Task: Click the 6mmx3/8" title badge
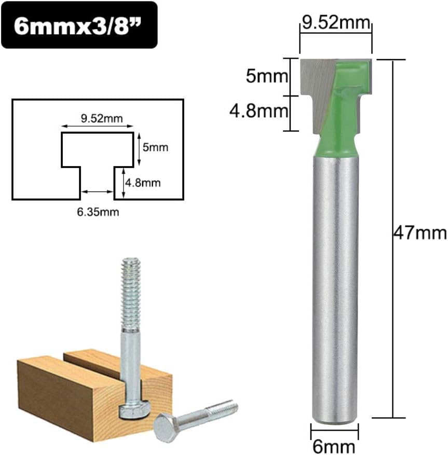coord(79,25)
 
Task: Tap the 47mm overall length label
coord(420,233)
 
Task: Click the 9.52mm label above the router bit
coord(336,22)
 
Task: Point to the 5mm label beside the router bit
coord(266,76)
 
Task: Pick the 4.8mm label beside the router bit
coord(259,111)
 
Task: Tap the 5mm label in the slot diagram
coord(155,147)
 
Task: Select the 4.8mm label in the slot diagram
coord(143,183)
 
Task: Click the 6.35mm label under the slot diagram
coord(98,212)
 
